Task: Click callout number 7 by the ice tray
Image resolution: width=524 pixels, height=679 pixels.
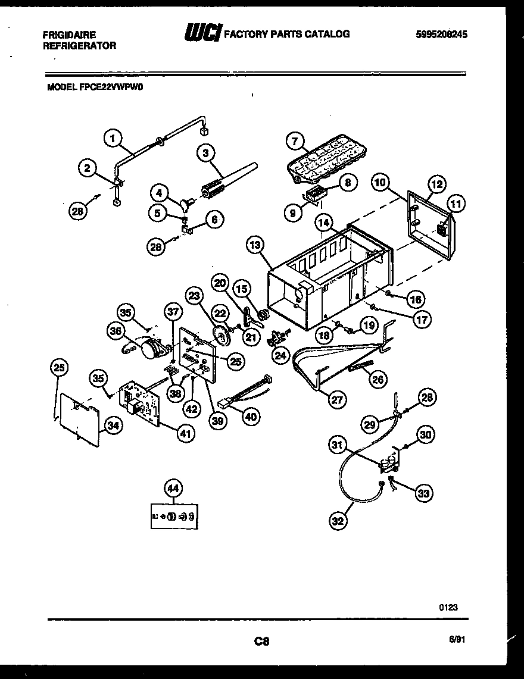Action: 294,142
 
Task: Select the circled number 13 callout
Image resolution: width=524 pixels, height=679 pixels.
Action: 255,245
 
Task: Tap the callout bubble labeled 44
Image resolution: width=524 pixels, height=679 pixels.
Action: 172,489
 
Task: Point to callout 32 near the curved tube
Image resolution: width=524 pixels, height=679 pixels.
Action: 338,522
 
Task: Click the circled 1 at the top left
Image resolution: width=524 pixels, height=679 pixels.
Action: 111,138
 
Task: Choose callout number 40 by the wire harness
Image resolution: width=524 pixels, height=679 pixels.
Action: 250,417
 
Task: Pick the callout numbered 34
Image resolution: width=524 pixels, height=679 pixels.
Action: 111,424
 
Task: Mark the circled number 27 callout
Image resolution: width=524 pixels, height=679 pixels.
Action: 336,400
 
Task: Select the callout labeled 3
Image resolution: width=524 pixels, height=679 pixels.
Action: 206,154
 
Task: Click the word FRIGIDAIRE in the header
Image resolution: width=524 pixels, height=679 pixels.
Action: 69,35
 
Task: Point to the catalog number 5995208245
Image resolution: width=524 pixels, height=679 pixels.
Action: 441,35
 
